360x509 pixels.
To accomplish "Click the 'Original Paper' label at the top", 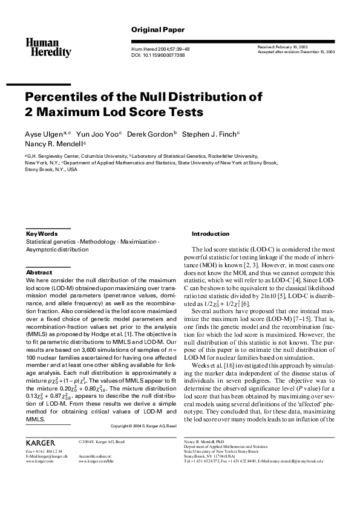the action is [158, 30].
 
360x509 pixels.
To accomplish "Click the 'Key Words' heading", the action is [42, 233].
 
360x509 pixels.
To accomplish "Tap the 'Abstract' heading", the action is [39, 273].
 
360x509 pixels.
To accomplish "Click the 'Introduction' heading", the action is [211, 233].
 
